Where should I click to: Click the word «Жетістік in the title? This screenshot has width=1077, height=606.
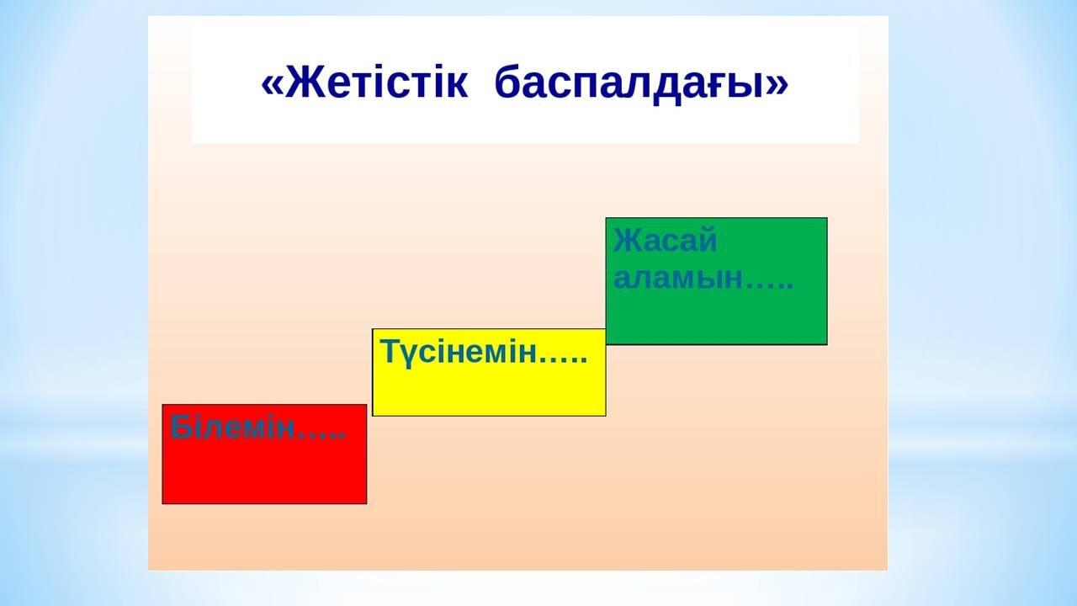point(364,82)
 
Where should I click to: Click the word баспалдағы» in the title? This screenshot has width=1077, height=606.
point(641,84)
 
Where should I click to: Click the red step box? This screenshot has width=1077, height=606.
point(264,454)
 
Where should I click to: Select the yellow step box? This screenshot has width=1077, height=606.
point(489,372)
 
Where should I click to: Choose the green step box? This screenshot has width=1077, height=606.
point(716,281)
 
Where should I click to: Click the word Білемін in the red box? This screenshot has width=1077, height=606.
point(231,427)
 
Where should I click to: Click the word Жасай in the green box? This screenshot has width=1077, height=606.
point(665,240)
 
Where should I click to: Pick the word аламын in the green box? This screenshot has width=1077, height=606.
point(678,279)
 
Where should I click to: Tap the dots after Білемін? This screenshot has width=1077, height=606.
point(321,436)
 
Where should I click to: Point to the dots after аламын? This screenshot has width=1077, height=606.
point(769,286)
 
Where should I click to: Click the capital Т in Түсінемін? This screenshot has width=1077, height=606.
point(391,351)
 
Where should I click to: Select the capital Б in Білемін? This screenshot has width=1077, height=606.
point(181,427)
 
